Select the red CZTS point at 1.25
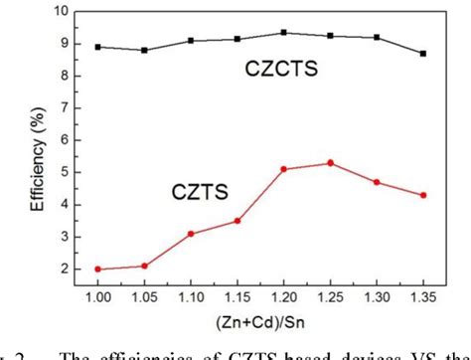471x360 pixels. (330, 163)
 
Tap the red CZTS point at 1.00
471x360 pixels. (97, 269)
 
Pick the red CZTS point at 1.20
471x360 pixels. (283, 169)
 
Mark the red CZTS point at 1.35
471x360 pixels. (423, 195)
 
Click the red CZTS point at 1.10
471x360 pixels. (190, 234)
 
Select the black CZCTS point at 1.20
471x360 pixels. (283, 33)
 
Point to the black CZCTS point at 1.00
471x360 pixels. (97, 47)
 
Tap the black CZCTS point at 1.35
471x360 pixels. (423, 54)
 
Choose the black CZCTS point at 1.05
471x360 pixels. (144, 51)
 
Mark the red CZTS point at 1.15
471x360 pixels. (236, 221)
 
